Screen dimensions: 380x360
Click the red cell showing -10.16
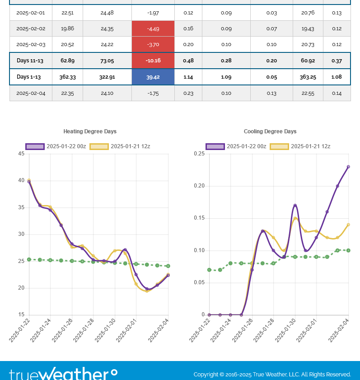153,61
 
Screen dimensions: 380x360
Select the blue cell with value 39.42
153,77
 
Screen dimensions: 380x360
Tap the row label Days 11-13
30,61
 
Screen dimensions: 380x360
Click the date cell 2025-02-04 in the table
31,93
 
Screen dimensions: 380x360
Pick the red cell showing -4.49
153,28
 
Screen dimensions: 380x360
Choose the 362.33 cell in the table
67,77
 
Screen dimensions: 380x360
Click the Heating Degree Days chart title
90,131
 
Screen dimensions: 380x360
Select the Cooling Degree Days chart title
270,131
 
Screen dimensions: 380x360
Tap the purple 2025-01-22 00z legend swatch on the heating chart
35,146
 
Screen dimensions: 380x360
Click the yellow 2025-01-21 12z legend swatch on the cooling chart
279,146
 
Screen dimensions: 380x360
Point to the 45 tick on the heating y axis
21,154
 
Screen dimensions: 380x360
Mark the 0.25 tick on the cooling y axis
199,154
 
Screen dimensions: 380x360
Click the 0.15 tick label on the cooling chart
199,218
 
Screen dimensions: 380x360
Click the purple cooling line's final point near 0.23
348,167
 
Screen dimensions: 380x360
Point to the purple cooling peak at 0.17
295,206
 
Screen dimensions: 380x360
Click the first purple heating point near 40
29,182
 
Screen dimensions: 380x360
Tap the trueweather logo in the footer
63,374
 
